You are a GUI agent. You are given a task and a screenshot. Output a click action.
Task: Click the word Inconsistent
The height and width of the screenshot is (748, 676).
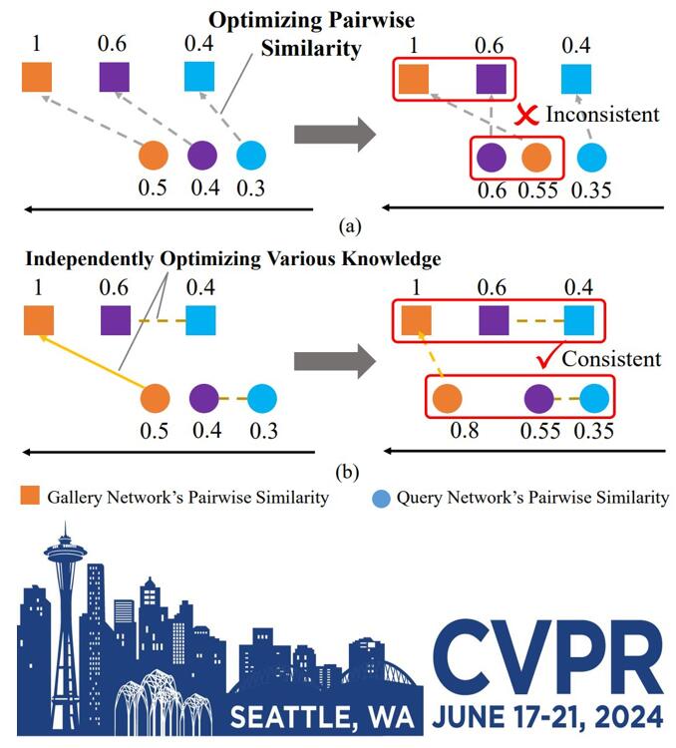pos(602,115)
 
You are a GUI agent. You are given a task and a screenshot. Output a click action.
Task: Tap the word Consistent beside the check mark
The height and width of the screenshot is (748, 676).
pos(611,359)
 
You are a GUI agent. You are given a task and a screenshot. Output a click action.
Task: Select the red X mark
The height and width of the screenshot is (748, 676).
pos(526,115)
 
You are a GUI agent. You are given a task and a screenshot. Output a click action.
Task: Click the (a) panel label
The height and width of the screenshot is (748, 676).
pos(350,225)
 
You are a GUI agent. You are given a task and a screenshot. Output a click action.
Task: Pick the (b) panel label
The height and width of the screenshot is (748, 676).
pos(347,473)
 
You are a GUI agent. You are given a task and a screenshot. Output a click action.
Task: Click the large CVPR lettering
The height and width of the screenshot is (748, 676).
pos(547,657)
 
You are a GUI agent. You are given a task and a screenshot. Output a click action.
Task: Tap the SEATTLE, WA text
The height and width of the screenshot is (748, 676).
pos(322,717)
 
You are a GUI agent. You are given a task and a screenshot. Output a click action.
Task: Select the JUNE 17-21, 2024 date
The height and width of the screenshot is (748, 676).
pos(547,716)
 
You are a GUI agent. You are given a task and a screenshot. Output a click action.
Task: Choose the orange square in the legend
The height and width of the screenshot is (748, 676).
pos(30,495)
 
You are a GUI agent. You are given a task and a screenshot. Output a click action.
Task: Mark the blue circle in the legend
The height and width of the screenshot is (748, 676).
pos(381,498)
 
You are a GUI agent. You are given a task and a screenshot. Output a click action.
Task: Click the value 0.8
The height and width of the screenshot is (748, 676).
pos(465,430)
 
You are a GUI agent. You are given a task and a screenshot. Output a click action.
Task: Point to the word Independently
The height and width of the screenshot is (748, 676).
pos(89,259)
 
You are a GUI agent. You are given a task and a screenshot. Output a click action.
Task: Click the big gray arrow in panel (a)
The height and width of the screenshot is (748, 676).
pos(335,134)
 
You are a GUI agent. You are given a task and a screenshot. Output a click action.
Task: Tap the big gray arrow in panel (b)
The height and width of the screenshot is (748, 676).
pos(335,362)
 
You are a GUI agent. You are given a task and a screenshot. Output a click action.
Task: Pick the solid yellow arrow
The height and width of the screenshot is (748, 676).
pos(91,362)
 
